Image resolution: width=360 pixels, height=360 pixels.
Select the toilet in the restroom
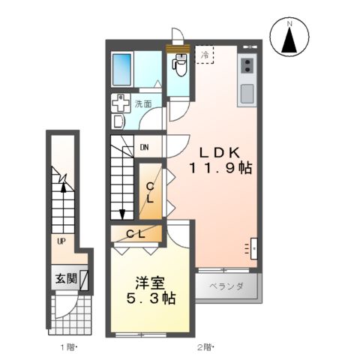[x=178, y=70]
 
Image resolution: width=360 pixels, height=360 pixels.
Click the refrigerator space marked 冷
[x=204, y=55]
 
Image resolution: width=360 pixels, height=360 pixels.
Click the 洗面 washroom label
[x=142, y=105]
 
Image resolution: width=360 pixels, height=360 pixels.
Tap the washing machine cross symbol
[x=120, y=104]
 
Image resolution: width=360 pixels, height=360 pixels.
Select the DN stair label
[x=144, y=148]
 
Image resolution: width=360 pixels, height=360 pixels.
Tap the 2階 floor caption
[x=205, y=346]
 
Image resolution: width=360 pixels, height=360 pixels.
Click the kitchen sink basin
[x=247, y=94]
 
